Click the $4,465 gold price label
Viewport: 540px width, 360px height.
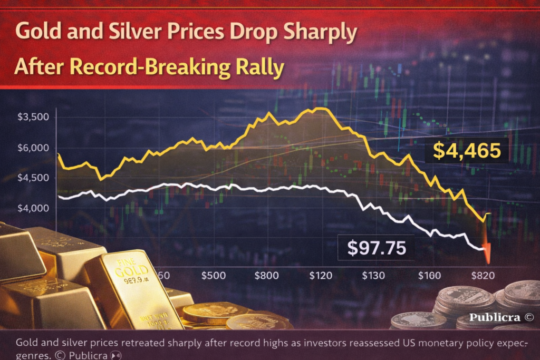466,151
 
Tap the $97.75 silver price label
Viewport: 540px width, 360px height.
375,248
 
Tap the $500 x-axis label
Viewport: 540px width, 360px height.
214,275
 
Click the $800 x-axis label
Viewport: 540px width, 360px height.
266,275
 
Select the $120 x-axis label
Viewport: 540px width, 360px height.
320,275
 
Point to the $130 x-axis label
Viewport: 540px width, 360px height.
373,275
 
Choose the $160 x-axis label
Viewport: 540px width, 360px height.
428,275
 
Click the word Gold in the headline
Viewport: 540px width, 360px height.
36,33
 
